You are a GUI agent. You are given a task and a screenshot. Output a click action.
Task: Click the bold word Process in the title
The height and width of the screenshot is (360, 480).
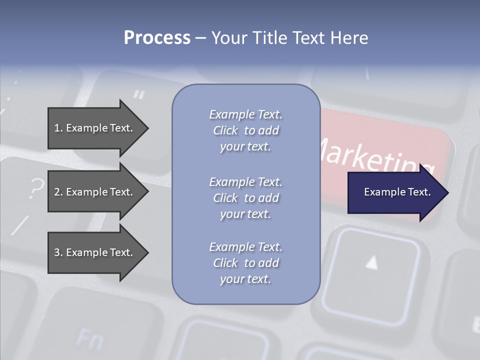[x=157, y=38]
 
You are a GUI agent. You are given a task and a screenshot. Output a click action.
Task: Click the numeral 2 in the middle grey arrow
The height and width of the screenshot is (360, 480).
[x=57, y=192]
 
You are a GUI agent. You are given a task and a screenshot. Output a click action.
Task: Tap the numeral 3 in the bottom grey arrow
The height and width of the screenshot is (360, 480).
[x=57, y=252]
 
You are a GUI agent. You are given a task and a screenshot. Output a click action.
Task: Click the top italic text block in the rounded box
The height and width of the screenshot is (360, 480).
[x=245, y=130]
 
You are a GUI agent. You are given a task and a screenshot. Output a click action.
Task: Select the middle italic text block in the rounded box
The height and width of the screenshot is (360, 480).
[x=245, y=198]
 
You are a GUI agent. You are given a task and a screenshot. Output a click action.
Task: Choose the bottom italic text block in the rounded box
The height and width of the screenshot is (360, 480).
[x=245, y=263]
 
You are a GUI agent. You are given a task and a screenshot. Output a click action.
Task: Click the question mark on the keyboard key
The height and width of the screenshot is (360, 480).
[x=35, y=189]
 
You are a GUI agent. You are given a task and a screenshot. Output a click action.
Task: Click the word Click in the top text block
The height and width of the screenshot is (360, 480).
[x=225, y=130]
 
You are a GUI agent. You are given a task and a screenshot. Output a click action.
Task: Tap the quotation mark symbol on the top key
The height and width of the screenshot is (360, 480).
[x=139, y=94]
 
